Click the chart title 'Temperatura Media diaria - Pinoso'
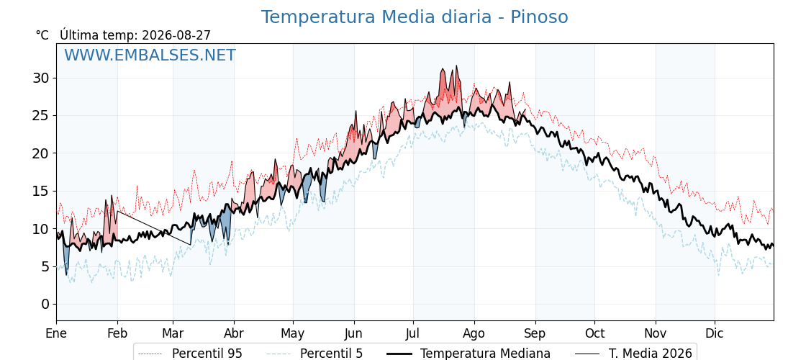pos(415,17)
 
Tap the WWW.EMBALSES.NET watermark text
pos(150,55)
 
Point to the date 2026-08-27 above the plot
pos(176,35)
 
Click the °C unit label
pos(42,35)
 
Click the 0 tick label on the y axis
pos(46,305)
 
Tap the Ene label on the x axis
pos(57,333)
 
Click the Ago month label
pos(474,334)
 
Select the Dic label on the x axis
pos(715,333)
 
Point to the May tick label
pos(293,334)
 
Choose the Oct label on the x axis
pos(594,333)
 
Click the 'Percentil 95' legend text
pos(207,354)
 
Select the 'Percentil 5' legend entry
pos(331,354)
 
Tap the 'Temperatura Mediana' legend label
pos(485,354)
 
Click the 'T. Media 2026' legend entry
pos(651,354)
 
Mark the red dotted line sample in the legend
pos(150,354)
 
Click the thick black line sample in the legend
pos(399,354)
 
